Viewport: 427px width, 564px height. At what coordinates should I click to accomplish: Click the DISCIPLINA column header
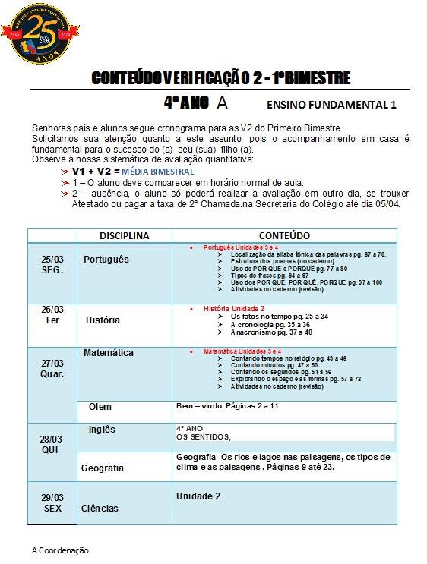(x=124, y=236)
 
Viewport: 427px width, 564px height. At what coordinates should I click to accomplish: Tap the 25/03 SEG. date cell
(x=52, y=264)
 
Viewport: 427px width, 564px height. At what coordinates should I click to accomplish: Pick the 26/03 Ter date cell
(x=52, y=314)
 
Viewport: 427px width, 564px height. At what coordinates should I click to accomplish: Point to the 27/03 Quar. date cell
(x=52, y=368)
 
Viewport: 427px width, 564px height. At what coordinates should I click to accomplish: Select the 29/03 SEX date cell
(x=52, y=503)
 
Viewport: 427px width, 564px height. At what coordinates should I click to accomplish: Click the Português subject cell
(x=106, y=260)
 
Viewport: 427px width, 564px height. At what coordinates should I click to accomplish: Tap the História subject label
(x=103, y=320)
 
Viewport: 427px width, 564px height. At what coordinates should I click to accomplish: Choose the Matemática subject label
(x=108, y=353)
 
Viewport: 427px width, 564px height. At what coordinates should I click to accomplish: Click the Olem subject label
(x=100, y=407)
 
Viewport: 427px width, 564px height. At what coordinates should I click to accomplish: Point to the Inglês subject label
(x=102, y=430)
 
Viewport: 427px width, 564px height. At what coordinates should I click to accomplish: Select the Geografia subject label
(x=103, y=468)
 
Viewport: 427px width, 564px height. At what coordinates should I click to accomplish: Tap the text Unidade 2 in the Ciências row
(x=198, y=496)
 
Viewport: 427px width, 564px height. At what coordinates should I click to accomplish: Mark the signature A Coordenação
(x=61, y=550)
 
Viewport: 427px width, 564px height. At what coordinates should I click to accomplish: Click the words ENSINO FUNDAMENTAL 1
(x=332, y=105)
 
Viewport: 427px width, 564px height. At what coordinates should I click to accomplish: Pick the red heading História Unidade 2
(x=233, y=309)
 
